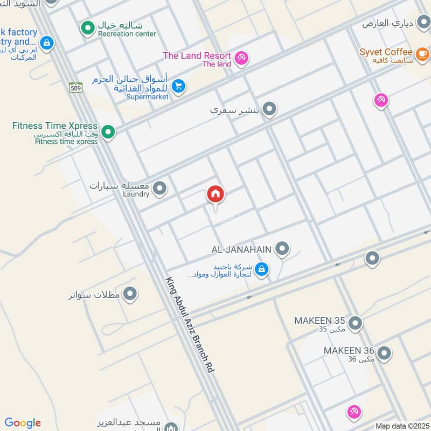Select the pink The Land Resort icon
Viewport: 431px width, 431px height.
coord(241,58)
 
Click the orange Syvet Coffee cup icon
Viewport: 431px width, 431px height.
coord(422,53)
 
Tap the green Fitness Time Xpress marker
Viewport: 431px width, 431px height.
coord(108,131)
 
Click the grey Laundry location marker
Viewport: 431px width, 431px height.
coord(159,189)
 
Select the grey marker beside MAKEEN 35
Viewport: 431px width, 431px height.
coord(354,324)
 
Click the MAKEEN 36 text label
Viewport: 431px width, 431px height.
coord(349,351)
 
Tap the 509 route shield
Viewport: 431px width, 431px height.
coord(75,86)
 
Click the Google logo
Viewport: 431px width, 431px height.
coord(23,423)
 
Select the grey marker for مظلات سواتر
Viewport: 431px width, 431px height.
coord(130,294)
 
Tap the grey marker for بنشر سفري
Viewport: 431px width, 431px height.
coord(270,109)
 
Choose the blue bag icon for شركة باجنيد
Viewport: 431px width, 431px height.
coord(262,269)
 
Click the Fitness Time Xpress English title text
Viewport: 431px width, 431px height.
coord(55,126)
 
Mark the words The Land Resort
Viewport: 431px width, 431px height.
coord(197,55)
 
